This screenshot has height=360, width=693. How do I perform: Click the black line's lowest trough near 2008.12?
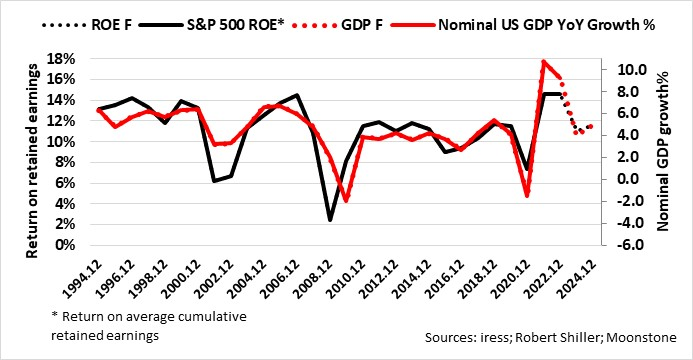(329, 220)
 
